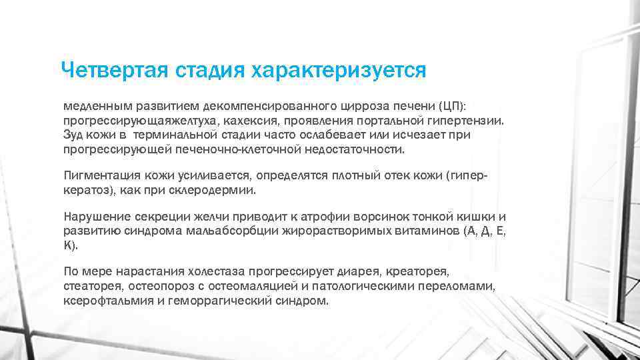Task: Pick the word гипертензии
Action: click(465, 121)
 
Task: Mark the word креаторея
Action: click(421, 271)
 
